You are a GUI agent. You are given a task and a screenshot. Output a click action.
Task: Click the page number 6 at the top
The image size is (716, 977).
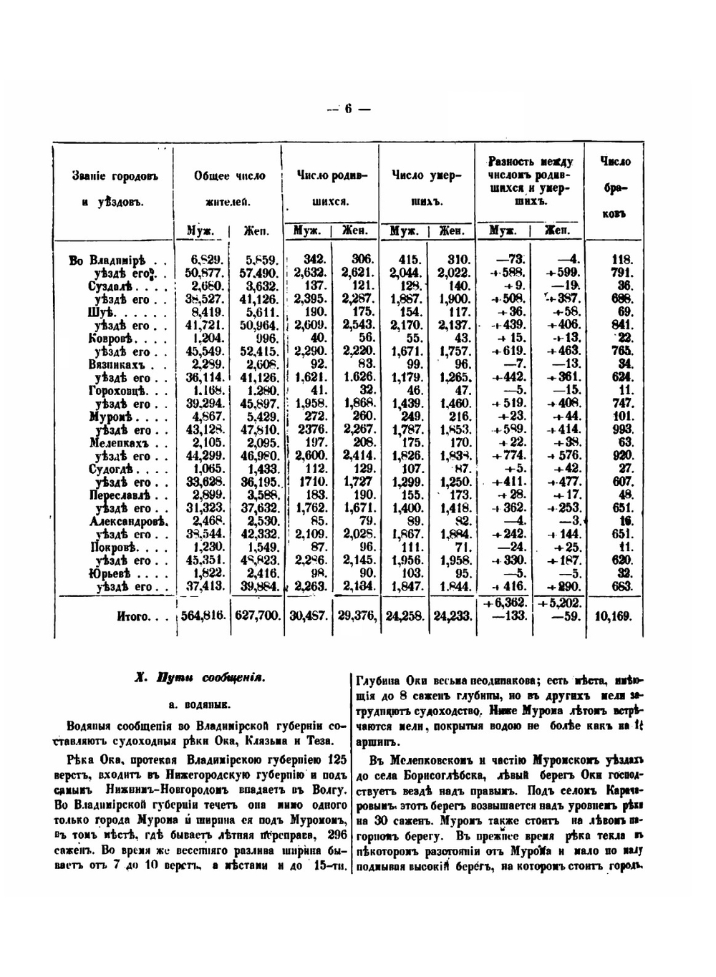tap(349, 110)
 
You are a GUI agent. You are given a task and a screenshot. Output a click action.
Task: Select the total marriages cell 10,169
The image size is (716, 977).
tap(614, 616)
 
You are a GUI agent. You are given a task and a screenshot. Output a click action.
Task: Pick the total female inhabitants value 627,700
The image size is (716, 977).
tap(257, 616)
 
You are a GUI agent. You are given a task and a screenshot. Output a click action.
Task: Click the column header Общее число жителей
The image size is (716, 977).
tap(228, 188)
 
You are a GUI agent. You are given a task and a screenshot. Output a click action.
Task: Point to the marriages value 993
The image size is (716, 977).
tap(622, 429)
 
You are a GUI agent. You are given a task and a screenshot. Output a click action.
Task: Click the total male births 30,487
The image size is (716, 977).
tap(308, 616)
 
